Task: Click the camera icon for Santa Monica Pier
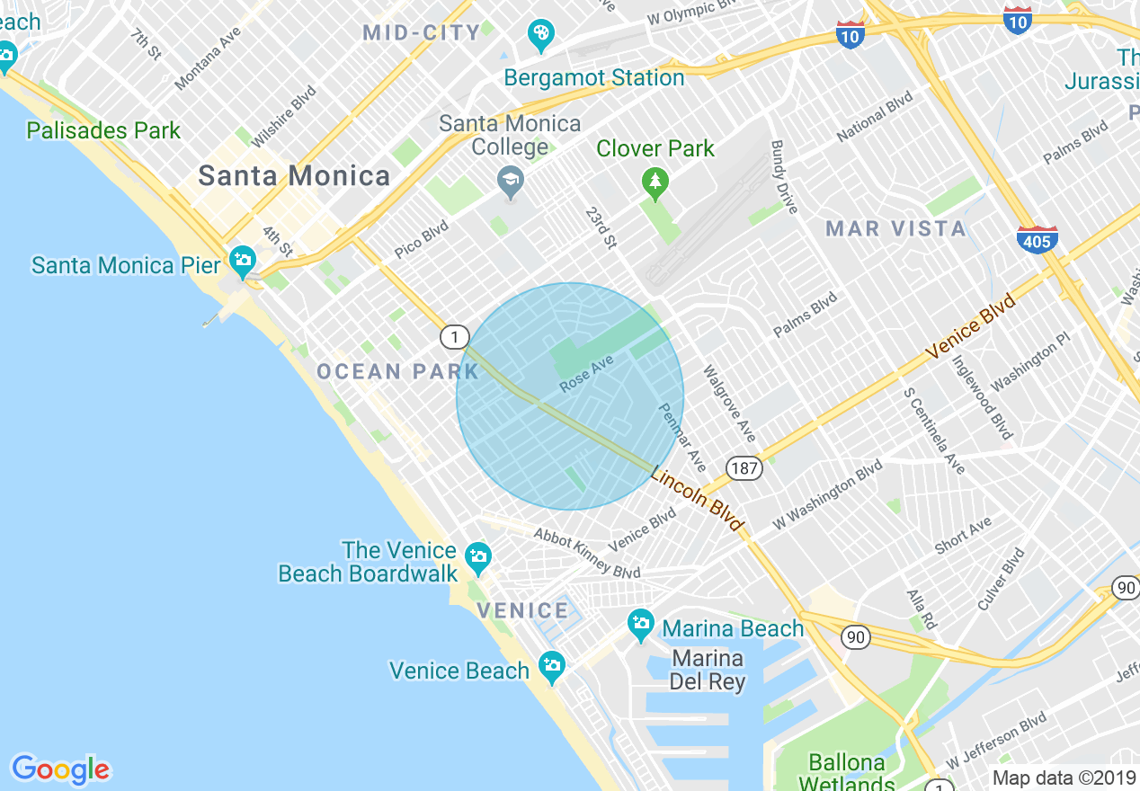242,262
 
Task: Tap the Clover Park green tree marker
655,182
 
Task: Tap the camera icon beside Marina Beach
641,623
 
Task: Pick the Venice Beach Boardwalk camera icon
478,555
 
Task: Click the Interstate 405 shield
1037,239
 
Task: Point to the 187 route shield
746,468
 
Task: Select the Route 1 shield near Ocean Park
455,337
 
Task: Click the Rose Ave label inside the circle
586,373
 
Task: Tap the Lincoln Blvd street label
698,499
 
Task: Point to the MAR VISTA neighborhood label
895,229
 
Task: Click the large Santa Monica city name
294,176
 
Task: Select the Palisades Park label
103,130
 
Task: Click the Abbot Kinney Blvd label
586,553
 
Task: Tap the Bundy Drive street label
784,176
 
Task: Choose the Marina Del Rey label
708,671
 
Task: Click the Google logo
60,769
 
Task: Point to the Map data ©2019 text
1064,778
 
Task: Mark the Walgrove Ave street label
729,403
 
